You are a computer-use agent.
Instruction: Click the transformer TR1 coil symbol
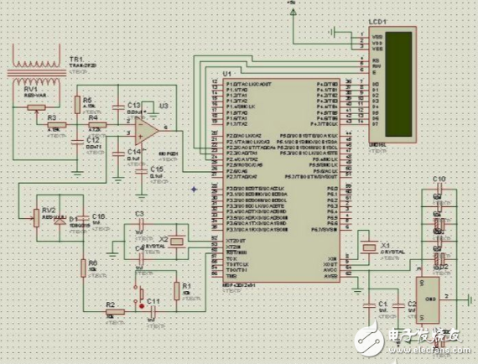[x=34, y=65]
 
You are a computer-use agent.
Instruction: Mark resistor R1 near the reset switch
[x=176, y=290]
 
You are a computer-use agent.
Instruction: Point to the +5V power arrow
[x=291, y=8]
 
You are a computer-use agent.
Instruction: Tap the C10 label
[x=437, y=180]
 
